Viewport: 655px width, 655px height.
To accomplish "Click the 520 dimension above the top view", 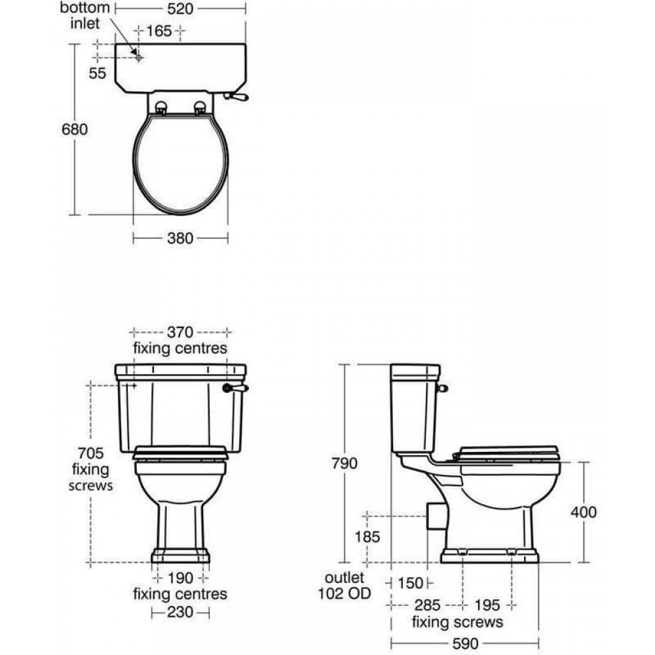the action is [180, 9].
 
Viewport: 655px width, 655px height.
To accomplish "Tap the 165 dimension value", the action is [159, 31].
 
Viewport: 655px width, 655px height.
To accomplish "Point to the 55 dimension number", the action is [98, 73].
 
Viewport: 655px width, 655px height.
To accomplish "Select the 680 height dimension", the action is [75, 130].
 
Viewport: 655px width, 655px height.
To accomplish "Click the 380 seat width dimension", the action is [180, 238].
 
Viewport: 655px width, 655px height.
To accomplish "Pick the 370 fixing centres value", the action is [180, 333].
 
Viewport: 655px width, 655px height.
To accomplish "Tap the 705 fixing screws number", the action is [90, 453].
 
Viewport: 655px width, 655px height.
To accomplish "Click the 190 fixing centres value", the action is [181, 578].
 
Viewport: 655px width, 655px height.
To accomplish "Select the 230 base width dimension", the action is [180, 612].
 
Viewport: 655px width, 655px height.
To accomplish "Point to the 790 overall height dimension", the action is [345, 463].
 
